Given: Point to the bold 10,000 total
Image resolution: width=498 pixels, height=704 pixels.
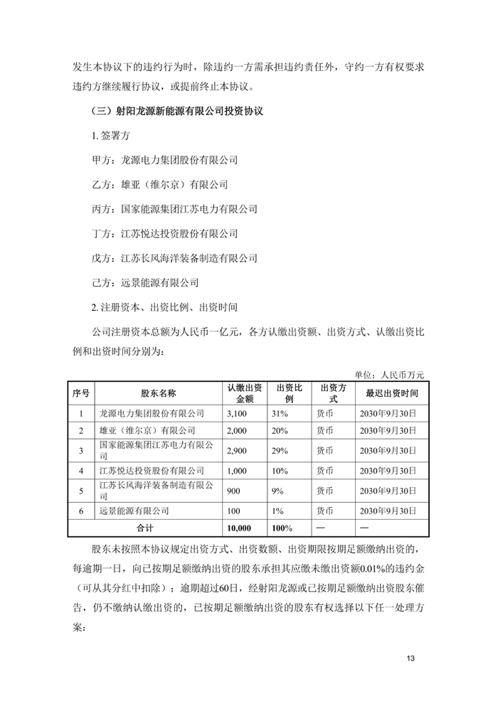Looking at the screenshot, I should pos(240,528).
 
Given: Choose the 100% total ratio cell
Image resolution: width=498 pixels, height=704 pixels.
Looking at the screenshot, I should pos(282,528).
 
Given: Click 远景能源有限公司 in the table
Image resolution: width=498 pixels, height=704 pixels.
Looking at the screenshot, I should pos(134,510).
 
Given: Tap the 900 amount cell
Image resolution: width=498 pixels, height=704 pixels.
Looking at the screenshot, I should pos(233,490).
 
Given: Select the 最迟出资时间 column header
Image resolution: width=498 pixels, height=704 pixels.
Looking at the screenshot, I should pos(392,393).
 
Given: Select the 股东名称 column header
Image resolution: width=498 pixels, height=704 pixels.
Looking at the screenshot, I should pos(158,393).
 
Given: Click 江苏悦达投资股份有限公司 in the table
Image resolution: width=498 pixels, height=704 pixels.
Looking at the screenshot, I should pos(152,470).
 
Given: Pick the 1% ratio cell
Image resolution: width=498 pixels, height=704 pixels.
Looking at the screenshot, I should pos(277,510).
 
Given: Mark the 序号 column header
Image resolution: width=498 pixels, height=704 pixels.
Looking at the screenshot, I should pos(80,393).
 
